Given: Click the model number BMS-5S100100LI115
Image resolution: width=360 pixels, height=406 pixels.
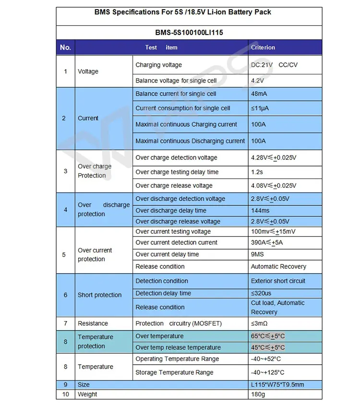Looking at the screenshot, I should [x=189, y=33].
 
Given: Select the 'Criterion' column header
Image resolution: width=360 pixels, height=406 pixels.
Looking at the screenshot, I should [x=263, y=48].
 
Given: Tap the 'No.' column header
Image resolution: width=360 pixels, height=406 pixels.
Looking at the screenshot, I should [x=65, y=48].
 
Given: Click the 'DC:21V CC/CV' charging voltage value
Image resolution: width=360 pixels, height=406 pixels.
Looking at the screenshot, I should [x=274, y=65].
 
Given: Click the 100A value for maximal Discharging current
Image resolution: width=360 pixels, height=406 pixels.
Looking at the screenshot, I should [x=258, y=141].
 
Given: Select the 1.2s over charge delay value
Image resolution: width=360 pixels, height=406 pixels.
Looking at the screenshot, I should [x=257, y=172].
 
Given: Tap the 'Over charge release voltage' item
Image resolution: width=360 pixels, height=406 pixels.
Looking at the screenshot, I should [x=174, y=186].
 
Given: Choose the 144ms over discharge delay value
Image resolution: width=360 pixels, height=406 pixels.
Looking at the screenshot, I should [x=260, y=210].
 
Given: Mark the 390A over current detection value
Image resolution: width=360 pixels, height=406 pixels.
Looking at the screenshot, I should [x=267, y=242].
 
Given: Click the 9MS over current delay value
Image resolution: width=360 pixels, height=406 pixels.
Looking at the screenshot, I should [x=257, y=254].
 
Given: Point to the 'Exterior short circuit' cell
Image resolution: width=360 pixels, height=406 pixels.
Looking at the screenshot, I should [x=278, y=281].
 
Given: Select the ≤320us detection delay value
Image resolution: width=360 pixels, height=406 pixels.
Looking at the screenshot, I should [x=261, y=293].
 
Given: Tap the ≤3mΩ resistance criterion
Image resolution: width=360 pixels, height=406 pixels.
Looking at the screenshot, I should [x=259, y=323].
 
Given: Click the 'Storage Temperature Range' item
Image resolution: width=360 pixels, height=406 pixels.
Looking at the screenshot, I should [x=174, y=372].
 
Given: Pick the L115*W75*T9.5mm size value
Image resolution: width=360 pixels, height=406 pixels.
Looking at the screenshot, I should [x=277, y=384].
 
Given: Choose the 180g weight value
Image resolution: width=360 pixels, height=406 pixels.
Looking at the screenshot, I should [x=258, y=394].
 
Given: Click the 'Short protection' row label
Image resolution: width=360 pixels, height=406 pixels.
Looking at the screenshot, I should [x=99, y=295].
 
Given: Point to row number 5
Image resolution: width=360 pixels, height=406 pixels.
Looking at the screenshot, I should [x=65, y=254].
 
